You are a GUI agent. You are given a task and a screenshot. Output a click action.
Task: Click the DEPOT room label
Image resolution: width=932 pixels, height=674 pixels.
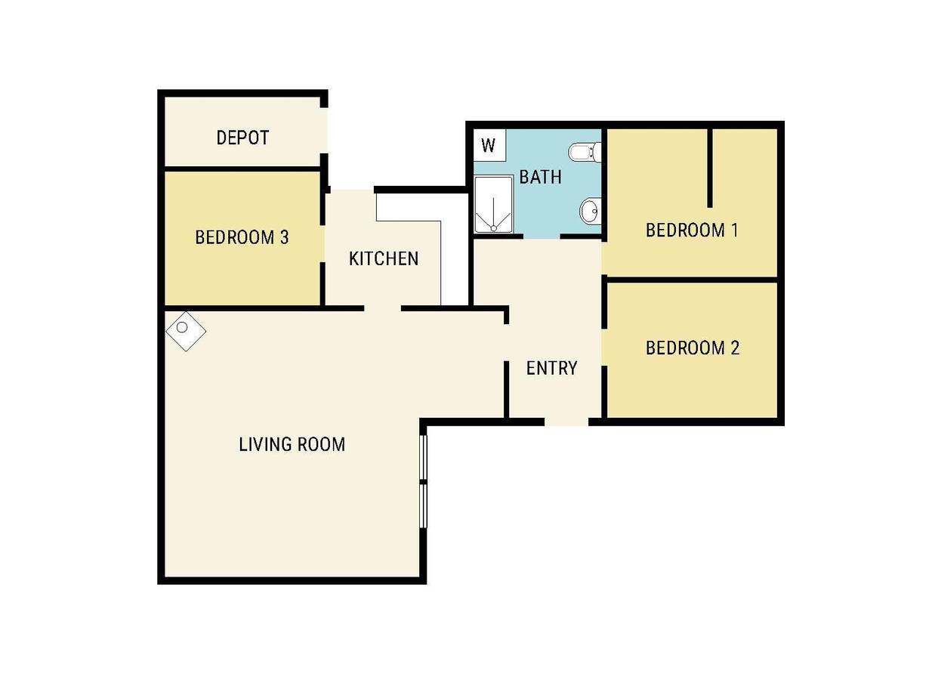tap(242, 138)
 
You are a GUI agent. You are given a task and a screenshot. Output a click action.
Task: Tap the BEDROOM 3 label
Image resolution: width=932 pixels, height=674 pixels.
tap(242, 237)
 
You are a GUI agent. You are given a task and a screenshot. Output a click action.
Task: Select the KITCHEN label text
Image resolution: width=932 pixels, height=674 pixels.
tap(383, 258)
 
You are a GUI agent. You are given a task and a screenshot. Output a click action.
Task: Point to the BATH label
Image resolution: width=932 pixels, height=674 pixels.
tap(540, 178)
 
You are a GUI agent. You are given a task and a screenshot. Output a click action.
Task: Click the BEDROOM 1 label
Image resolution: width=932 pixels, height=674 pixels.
tap(692, 230)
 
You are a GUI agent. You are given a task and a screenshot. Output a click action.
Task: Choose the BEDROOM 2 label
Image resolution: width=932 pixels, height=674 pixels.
tap(693, 348)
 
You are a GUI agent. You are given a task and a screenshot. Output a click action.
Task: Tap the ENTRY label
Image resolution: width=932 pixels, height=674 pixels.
tap(551, 368)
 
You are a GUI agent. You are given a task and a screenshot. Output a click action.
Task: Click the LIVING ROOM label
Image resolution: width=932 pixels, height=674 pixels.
tap(292, 444)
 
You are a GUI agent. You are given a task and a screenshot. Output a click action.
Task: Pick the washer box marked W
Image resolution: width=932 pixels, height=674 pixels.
tap(489, 145)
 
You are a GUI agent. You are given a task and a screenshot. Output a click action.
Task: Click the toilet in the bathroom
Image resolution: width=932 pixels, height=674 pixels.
tap(585, 153)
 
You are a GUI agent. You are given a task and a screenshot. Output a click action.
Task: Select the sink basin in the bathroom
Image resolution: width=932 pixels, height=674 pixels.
tap(591, 211)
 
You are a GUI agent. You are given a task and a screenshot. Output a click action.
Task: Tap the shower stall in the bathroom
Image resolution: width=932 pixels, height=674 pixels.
tap(494, 205)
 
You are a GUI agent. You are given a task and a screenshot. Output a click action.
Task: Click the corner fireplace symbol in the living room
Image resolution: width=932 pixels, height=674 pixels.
tap(186, 331)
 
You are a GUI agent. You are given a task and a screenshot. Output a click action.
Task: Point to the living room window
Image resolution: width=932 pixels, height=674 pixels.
tap(423, 481)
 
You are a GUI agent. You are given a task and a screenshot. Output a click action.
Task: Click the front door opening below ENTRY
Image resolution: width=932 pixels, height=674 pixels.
tap(566, 422)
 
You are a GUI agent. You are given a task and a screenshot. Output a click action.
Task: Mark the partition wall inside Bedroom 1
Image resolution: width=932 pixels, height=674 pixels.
tap(710, 168)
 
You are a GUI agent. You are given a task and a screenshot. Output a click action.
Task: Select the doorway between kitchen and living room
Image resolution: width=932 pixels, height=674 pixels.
tap(383, 308)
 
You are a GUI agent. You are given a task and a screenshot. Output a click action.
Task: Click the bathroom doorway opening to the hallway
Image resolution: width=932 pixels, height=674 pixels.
tap(542, 237)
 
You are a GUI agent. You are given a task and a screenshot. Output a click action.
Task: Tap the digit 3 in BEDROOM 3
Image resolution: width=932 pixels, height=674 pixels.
tap(285, 237)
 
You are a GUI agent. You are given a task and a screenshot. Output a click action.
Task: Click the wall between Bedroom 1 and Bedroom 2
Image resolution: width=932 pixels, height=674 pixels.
tap(690, 280)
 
